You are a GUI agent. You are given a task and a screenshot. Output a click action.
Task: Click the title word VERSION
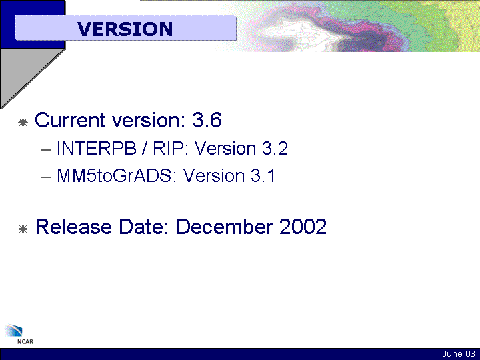pos(125,29)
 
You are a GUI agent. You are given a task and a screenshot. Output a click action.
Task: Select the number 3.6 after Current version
pos(207,120)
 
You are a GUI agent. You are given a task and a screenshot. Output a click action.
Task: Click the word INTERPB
pos(97,149)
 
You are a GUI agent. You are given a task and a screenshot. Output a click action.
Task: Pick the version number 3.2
pos(275,149)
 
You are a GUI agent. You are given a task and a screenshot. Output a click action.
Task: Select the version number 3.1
pos(263,176)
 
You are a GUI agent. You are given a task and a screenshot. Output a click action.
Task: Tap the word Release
pos(74,227)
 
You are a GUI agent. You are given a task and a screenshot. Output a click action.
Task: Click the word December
pos(225,227)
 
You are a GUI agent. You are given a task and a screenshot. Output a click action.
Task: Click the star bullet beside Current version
pos(23,123)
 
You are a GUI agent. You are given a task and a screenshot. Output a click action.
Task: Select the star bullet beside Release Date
pos(23,229)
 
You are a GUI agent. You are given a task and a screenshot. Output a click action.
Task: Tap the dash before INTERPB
pos(45,150)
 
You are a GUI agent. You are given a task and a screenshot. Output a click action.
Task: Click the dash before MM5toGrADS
pos(45,177)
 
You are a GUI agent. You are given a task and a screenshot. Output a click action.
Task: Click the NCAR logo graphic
pos(13,330)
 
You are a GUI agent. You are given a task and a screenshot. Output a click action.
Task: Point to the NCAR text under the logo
pos(25,341)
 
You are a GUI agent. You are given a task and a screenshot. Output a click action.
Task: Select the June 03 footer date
pos(459,354)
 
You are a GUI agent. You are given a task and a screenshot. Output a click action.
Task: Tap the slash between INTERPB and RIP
pos(145,149)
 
